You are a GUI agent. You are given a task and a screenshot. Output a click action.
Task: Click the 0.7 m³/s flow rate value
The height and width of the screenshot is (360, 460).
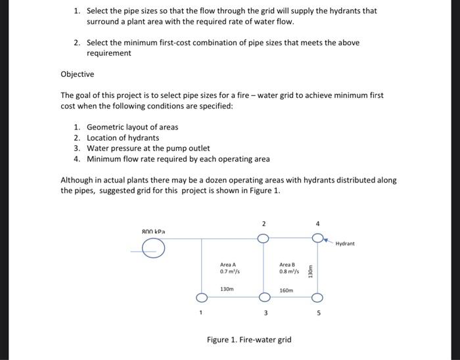click(x=228, y=271)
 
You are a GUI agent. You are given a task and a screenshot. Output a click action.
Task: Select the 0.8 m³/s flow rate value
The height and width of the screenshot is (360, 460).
click(x=288, y=271)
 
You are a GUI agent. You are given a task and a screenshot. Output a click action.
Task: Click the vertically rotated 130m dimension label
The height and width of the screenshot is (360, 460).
click(x=311, y=269)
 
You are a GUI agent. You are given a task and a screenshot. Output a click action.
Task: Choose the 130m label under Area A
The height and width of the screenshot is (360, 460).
click(x=227, y=289)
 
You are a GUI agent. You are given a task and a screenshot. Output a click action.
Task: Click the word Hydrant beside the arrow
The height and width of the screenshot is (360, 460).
click(x=345, y=243)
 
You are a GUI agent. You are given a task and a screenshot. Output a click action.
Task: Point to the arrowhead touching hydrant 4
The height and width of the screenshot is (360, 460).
click(x=325, y=240)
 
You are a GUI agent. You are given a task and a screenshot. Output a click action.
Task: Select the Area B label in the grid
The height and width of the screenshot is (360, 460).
click(x=288, y=264)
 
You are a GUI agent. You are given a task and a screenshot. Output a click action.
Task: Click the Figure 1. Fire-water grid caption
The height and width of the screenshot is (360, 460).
click(x=248, y=340)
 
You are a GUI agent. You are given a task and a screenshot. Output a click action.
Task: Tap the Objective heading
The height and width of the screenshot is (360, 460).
click(x=77, y=74)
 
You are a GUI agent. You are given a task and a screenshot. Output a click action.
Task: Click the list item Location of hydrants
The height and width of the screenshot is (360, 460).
click(x=123, y=137)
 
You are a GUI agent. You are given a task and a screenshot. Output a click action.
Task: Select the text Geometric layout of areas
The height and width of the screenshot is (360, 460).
click(x=132, y=127)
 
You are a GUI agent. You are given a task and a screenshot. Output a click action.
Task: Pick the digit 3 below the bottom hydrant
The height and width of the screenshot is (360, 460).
click(x=265, y=313)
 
